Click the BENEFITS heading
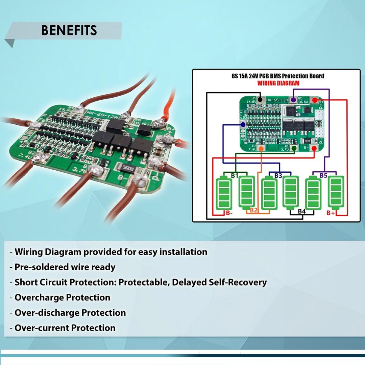pos(69,30)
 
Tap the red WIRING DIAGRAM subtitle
pos(278,83)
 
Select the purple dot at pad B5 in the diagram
pos(294,100)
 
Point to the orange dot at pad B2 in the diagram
pos(261,148)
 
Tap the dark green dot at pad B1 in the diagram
pos(294,148)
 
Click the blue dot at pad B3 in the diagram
pos(243,124)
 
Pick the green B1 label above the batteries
pos(235,175)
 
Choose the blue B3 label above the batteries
pos(278,175)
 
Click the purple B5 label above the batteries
pos(323,175)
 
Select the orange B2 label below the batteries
pos(254,211)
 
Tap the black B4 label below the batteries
pos(302,212)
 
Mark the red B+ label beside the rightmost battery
pos(331,213)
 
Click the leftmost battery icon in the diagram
pos(224,195)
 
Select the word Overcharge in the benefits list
pos(40,297)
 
